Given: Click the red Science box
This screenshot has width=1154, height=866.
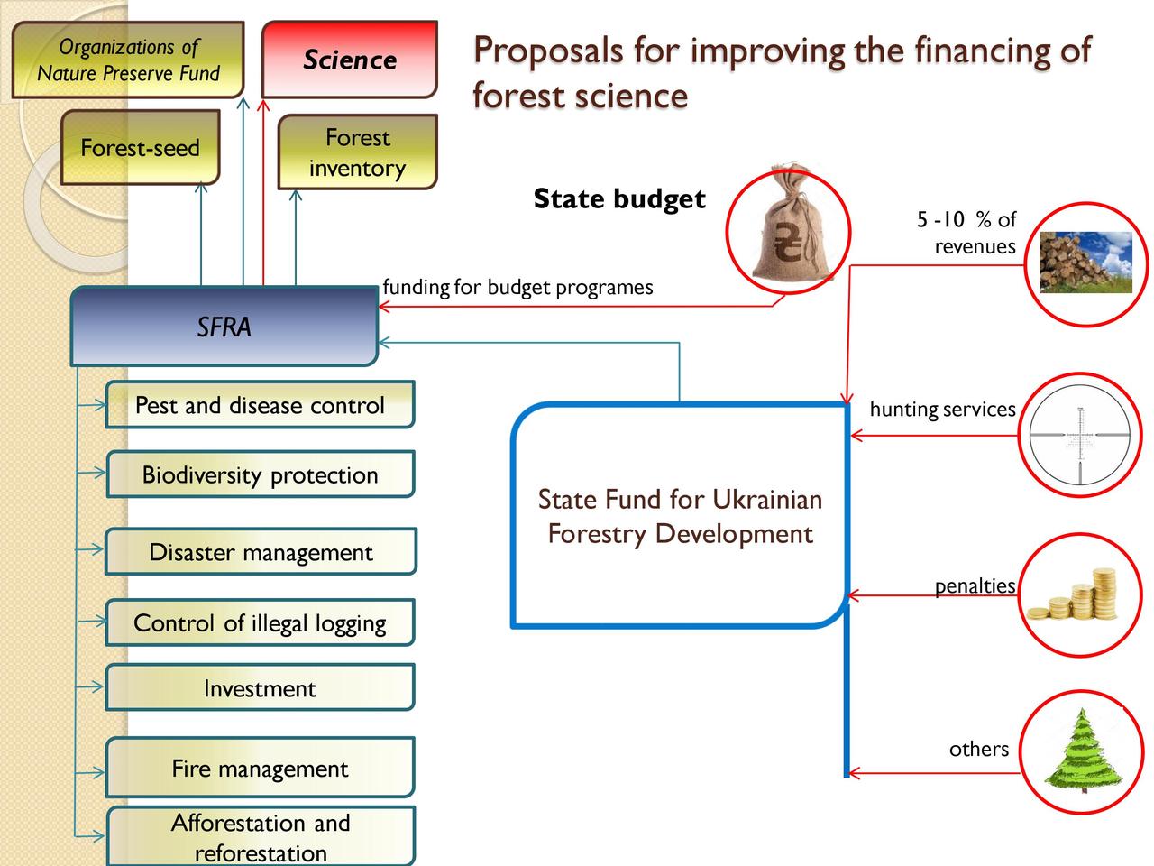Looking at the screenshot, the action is tap(350, 60).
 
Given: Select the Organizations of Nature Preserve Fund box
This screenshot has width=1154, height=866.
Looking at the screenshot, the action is tap(128, 60).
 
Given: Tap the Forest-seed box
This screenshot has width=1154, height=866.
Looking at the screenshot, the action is tap(141, 147).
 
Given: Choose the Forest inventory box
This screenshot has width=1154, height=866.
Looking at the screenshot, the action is tap(358, 152).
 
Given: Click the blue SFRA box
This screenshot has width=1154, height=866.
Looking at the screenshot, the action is tap(224, 326).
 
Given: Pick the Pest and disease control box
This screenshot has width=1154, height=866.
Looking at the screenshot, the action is tap(261, 404).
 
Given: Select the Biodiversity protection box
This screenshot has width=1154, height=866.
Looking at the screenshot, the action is tap(261, 474).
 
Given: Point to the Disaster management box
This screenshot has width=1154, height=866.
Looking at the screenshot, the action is tap(261, 551).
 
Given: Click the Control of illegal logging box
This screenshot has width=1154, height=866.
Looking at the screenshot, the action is tap(261, 622).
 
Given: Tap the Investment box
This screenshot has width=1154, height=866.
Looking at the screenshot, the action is tap(261, 687).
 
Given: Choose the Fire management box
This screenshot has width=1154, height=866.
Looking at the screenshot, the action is tap(261, 768).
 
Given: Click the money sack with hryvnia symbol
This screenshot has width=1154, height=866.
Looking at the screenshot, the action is tap(789, 224).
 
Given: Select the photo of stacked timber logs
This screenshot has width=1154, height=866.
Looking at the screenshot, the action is tap(1086, 263).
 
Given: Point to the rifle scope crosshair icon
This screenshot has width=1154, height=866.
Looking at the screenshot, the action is tap(1080, 436).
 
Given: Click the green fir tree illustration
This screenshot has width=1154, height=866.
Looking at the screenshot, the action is tap(1083, 751).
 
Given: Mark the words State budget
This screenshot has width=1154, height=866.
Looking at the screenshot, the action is tap(619, 199).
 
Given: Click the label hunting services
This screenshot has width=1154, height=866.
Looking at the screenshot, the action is tap(942, 409).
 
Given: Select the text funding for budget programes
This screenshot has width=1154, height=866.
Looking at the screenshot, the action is tap(517, 288).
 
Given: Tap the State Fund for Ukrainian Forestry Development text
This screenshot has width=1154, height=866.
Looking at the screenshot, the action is tap(680, 516).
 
